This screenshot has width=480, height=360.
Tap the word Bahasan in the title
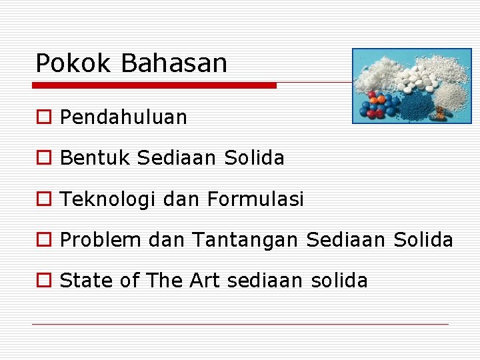point(174,63)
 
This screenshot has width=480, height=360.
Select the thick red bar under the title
point(155,85)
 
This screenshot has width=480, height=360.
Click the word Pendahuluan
point(123,118)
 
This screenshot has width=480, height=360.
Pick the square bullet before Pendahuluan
point(43,118)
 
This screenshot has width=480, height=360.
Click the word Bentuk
point(95,158)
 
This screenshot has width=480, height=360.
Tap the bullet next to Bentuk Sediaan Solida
point(43,159)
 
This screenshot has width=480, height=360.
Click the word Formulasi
point(255,199)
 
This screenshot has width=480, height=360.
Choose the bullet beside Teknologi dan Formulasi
point(43,199)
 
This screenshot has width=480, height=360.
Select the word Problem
point(100,240)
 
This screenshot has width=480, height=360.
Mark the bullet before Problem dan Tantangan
point(43,240)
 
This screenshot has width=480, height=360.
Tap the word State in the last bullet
point(87,281)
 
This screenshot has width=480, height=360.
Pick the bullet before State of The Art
point(43,281)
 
